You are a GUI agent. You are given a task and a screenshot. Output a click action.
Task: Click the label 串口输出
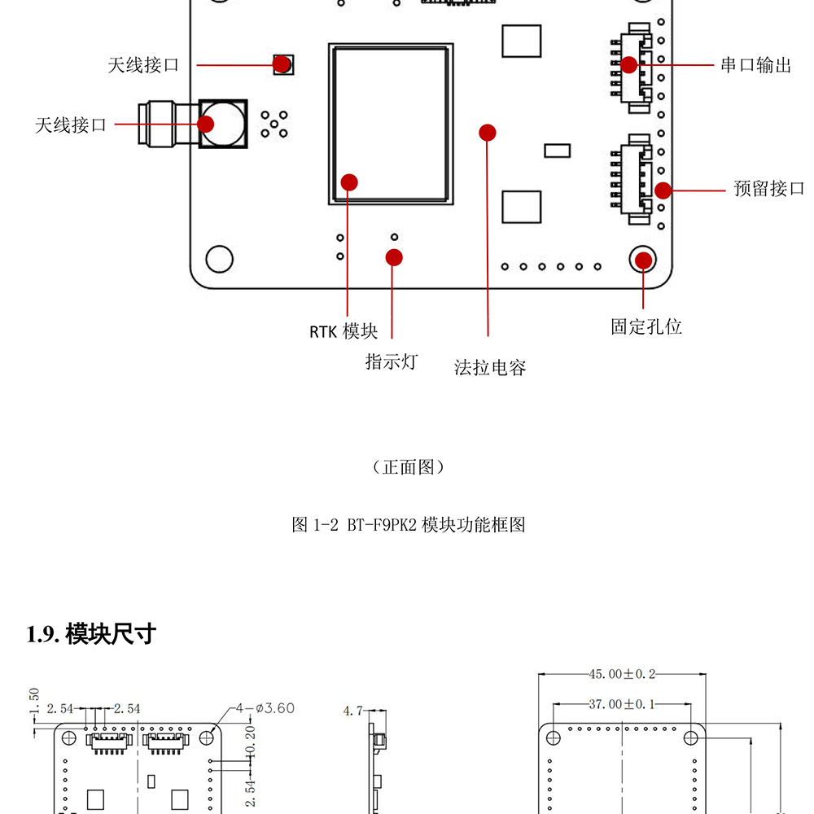755,65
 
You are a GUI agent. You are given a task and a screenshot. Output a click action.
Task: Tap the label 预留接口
768,189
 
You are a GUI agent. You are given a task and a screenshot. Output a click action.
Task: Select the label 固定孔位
646,326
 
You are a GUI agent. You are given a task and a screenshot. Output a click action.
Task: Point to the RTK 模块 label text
344,331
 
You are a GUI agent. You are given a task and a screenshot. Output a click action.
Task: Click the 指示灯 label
391,361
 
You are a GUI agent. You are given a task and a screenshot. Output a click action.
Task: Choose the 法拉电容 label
490,368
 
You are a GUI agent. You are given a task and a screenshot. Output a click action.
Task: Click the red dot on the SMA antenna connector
205,124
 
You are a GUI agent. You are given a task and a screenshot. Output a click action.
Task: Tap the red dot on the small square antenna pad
282,63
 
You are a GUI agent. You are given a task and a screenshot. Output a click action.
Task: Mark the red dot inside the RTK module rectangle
349,181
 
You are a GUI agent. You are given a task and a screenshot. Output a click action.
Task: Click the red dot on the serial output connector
629,64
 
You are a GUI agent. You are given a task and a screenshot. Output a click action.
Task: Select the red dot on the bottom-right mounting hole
643,260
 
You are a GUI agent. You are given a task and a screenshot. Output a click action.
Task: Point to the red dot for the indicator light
394,257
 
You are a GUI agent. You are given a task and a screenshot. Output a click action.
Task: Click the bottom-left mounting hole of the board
219,259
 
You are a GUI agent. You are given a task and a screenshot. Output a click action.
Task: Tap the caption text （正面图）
408,467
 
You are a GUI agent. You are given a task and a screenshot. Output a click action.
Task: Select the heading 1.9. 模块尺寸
91,634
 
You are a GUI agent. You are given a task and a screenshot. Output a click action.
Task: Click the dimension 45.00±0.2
622,674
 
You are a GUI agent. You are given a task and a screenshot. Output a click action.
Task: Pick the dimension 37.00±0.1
622,704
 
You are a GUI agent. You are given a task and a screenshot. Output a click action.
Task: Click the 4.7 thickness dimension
352,711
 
